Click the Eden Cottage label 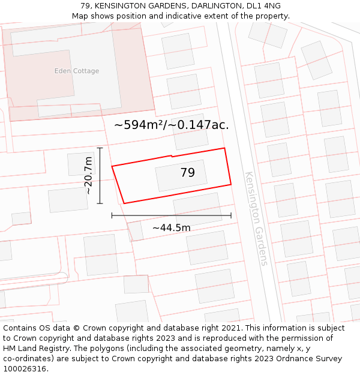tap(77, 71)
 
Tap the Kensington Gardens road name tap(256, 218)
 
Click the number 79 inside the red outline tap(187, 173)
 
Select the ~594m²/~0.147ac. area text tap(172, 125)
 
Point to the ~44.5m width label tap(171, 228)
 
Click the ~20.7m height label tap(88, 175)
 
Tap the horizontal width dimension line tap(171, 215)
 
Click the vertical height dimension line tap(100, 175)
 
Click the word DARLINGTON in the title tap(189, 6)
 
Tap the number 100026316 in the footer tap(24, 369)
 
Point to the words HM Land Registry tap(34, 349)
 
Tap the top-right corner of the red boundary tap(224, 148)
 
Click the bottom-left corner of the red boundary tap(124, 203)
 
